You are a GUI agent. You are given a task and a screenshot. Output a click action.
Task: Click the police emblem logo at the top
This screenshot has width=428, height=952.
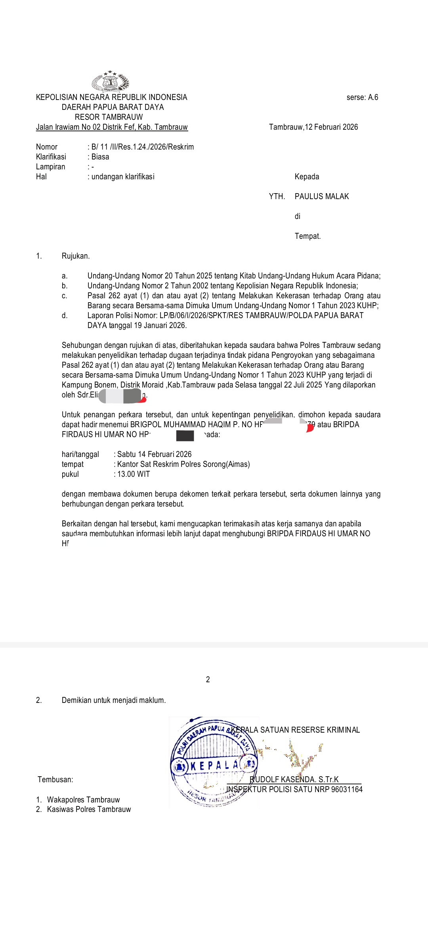(111, 82)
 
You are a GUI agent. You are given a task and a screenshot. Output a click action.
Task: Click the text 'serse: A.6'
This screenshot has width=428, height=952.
(362, 97)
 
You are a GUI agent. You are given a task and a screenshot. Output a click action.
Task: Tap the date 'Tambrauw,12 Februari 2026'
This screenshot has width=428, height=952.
(313, 127)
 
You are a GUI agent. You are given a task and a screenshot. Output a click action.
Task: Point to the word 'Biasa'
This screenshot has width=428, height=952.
(100, 157)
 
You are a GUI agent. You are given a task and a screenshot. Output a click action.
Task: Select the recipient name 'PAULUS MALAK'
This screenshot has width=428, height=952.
(322, 196)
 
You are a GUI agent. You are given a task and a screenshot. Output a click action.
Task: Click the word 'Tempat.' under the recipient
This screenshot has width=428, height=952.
(308, 236)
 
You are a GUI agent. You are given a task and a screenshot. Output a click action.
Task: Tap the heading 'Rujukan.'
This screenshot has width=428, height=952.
(76, 256)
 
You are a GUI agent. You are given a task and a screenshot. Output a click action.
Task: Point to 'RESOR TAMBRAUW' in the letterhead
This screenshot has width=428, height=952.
(109, 117)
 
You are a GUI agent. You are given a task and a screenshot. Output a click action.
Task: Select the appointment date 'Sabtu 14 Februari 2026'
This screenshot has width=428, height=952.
(154, 454)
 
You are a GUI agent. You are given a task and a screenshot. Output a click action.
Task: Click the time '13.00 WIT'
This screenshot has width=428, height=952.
(134, 474)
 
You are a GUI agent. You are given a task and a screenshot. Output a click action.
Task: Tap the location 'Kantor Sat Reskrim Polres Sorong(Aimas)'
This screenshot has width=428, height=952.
(183, 464)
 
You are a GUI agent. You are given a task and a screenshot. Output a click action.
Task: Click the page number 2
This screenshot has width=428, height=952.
(208, 679)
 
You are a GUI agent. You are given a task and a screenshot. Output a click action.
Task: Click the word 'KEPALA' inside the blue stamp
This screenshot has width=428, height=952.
(214, 765)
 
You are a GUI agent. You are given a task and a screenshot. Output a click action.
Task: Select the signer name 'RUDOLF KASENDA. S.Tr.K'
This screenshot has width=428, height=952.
(294, 779)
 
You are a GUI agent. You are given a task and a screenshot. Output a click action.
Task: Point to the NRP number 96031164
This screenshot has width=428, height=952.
(347, 789)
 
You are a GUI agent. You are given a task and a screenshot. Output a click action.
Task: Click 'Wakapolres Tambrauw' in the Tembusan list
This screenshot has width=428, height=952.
(83, 800)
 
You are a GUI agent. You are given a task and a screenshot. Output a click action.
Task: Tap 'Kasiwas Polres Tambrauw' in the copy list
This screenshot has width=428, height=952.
(89, 809)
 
